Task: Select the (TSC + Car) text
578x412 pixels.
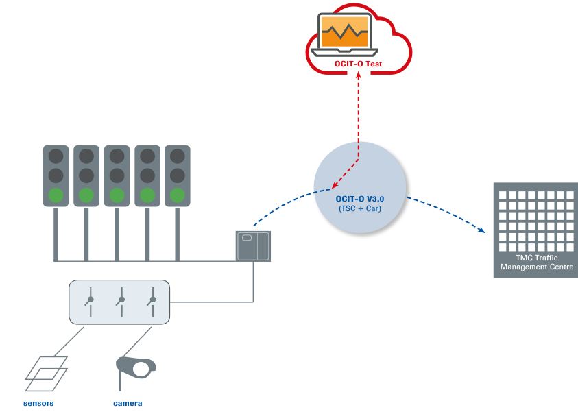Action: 359,208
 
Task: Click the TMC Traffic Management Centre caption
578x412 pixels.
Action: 536,262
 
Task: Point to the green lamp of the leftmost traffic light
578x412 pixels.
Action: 56,195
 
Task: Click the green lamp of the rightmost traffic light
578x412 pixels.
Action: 178,195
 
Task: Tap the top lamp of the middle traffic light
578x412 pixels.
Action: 117,156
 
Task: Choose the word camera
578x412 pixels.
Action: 128,403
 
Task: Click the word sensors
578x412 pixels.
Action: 38,403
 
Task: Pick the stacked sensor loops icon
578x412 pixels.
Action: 47,368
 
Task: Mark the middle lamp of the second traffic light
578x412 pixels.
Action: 86,175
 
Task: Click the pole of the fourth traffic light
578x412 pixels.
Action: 147,233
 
